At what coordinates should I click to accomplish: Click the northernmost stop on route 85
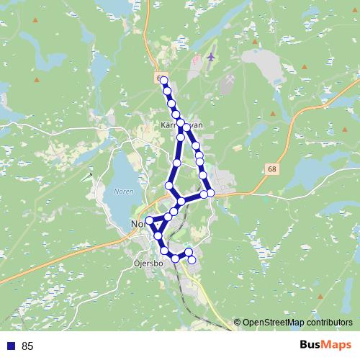pyautogui.click(x=164, y=81)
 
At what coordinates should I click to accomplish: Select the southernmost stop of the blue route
pyautogui.click(x=192, y=259)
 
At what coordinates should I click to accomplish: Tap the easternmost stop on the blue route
pyautogui.click(x=211, y=193)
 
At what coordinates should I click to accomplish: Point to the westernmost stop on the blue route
pyautogui.click(x=150, y=220)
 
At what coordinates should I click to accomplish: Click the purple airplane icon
pyautogui.click(x=211, y=55)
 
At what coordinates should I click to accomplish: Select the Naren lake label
pyautogui.click(x=124, y=192)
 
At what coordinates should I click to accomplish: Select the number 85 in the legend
pyautogui.click(x=28, y=346)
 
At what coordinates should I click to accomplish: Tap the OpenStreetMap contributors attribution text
pyautogui.click(x=297, y=323)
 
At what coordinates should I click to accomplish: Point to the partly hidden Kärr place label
pyautogui.click(x=167, y=125)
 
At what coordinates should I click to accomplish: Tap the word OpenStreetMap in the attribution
pyautogui.click(x=275, y=323)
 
